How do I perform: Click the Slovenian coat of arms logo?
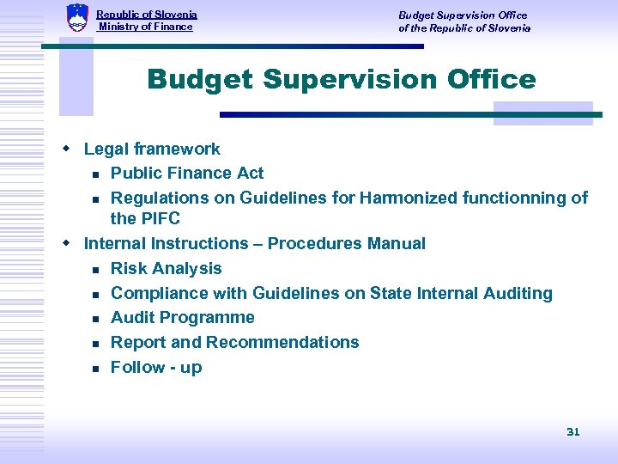click(77, 17)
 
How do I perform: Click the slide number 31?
click(573, 431)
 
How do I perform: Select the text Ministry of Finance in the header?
click(145, 27)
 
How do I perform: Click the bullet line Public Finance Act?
click(187, 173)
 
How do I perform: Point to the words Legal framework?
click(152, 149)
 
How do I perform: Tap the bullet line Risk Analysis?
click(167, 268)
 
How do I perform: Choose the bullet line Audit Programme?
click(183, 317)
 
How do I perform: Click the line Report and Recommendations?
click(235, 342)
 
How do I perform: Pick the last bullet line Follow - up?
click(156, 367)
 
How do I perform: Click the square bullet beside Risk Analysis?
click(96, 269)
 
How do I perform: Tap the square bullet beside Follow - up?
click(96, 368)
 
